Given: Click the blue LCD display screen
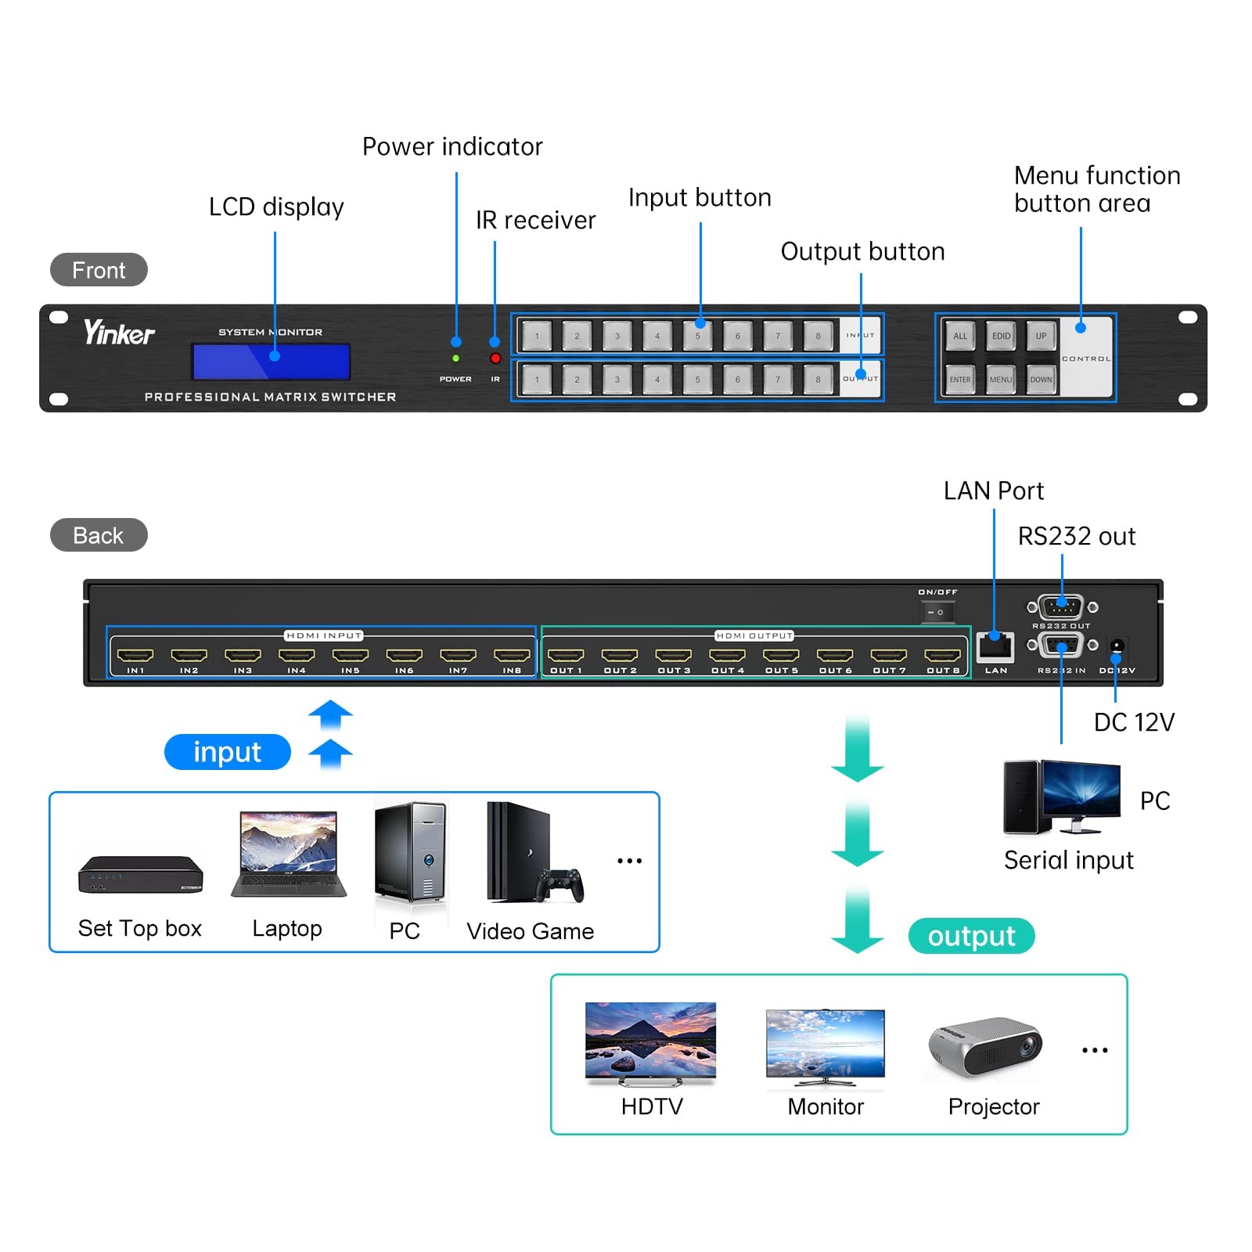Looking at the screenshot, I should pyautogui.click(x=271, y=362).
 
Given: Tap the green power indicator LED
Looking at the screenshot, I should pyautogui.click(x=456, y=358).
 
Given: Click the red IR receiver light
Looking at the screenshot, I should pyautogui.click(x=495, y=358).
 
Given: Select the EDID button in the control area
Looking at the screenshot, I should pyautogui.click(x=1001, y=336).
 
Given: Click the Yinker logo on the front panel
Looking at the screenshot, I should pyautogui.click(x=119, y=333).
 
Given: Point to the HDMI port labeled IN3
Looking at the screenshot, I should pyautogui.click(x=243, y=656).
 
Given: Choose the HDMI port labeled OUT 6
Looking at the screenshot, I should pyautogui.click(x=835, y=656).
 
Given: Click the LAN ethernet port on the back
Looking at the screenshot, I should pyautogui.click(x=995, y=647).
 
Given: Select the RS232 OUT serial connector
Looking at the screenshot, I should pyautogui.click(x=1062, y=606).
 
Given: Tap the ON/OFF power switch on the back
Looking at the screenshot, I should pyautogui.click(x=937, y=612).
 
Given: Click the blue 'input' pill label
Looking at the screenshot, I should pyautogui.click(x=227, y=752).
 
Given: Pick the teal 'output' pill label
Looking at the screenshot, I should pyautogui.click(x=971, y=936).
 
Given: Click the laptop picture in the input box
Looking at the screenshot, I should pyautogui.click(x=289, y=854).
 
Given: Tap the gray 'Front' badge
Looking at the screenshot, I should pyautogui.click(x=99, y=270).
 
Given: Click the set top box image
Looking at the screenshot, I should pyautogui.click(x=140, y=874).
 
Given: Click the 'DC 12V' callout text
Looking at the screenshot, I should pyautogui.click(x=1134, y=722).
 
